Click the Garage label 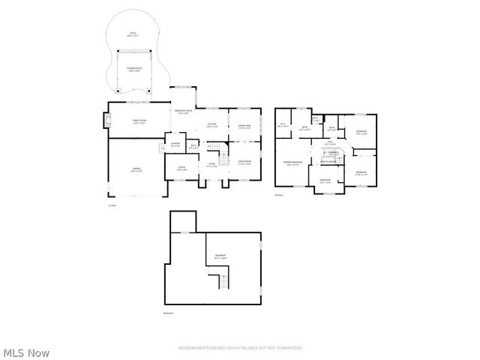(136, 169)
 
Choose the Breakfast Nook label (183, 112)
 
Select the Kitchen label (212, 125)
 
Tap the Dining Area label (244, 126)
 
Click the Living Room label (244, 161)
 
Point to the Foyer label (212, 166)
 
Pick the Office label (181, 167)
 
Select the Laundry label (174, 144)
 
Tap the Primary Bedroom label (292, 163)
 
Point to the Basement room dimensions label (220, 257)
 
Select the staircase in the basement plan (223, 283)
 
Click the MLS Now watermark (25, 352)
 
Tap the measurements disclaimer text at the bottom (240, 348)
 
